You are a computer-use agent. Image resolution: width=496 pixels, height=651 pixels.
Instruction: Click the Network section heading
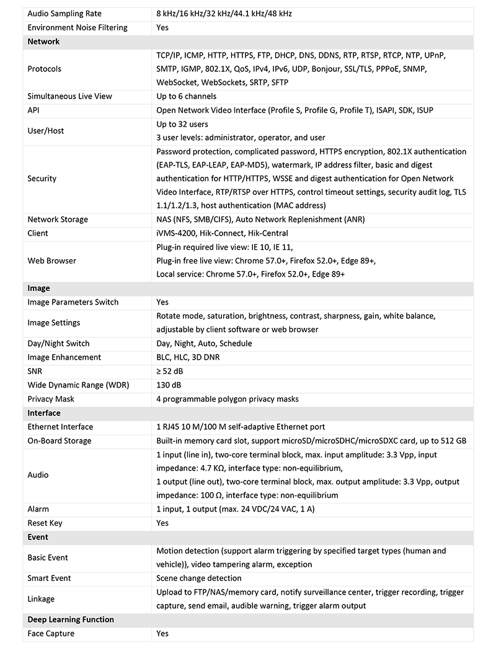coord(43,42)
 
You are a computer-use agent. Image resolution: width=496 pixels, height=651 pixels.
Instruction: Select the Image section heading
coord(38,288)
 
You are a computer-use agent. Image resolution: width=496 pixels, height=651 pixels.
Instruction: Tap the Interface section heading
coord(44,413)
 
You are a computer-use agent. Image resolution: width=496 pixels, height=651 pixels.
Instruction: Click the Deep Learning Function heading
coord(71,619)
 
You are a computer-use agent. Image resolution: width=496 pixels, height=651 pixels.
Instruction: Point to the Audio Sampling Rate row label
coord(64,14)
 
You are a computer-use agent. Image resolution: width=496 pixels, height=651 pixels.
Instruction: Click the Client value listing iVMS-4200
coord(222,233)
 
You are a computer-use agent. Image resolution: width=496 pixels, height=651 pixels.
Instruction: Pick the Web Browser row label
coord(52,260)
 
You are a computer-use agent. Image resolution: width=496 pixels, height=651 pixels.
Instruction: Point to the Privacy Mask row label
coord(51,399)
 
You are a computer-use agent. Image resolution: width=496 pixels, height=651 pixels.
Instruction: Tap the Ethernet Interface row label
coord(60,427)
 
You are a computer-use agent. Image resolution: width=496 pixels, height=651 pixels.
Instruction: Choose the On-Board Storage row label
coord(60,441)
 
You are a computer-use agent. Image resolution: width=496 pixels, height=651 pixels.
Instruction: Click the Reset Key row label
coord(45,523)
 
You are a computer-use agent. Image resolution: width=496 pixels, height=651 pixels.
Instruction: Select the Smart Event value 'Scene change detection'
coord(199,578)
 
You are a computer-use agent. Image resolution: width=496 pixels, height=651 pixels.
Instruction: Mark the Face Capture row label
coord(51,633)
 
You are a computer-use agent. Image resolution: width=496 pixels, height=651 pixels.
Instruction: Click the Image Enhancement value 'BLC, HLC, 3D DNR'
coord(188,357)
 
